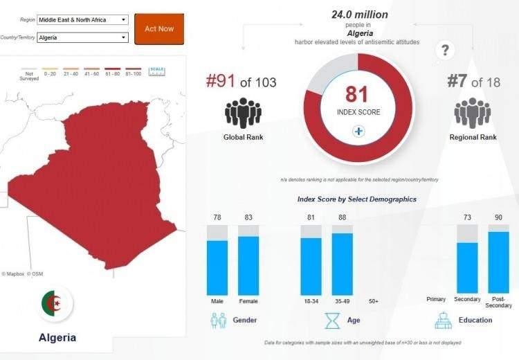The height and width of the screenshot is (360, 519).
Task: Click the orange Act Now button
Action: (x=159, y=29)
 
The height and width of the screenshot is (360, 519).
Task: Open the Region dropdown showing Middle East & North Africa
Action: (x=83, y=20)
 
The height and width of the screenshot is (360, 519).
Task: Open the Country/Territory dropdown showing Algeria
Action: (x=83, y=37)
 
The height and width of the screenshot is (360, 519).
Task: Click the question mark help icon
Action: (x=446, y=50)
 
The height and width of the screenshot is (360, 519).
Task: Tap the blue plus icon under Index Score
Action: (x=358, y=132)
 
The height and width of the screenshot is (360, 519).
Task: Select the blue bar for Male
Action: (x=217, y=268)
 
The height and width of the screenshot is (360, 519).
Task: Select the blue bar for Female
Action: (x=248, y=266)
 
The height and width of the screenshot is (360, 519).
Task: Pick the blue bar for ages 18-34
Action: (x=311, y=267)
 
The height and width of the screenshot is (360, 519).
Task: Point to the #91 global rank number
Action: (x=221, y=82)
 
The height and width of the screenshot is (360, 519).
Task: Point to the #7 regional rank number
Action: (x=457, y=82)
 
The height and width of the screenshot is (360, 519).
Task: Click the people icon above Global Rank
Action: (x=243, y=113)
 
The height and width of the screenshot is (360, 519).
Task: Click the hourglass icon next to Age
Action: (x=333, y=321)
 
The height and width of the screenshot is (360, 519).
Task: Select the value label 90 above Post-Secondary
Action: (x=498, y=218)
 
